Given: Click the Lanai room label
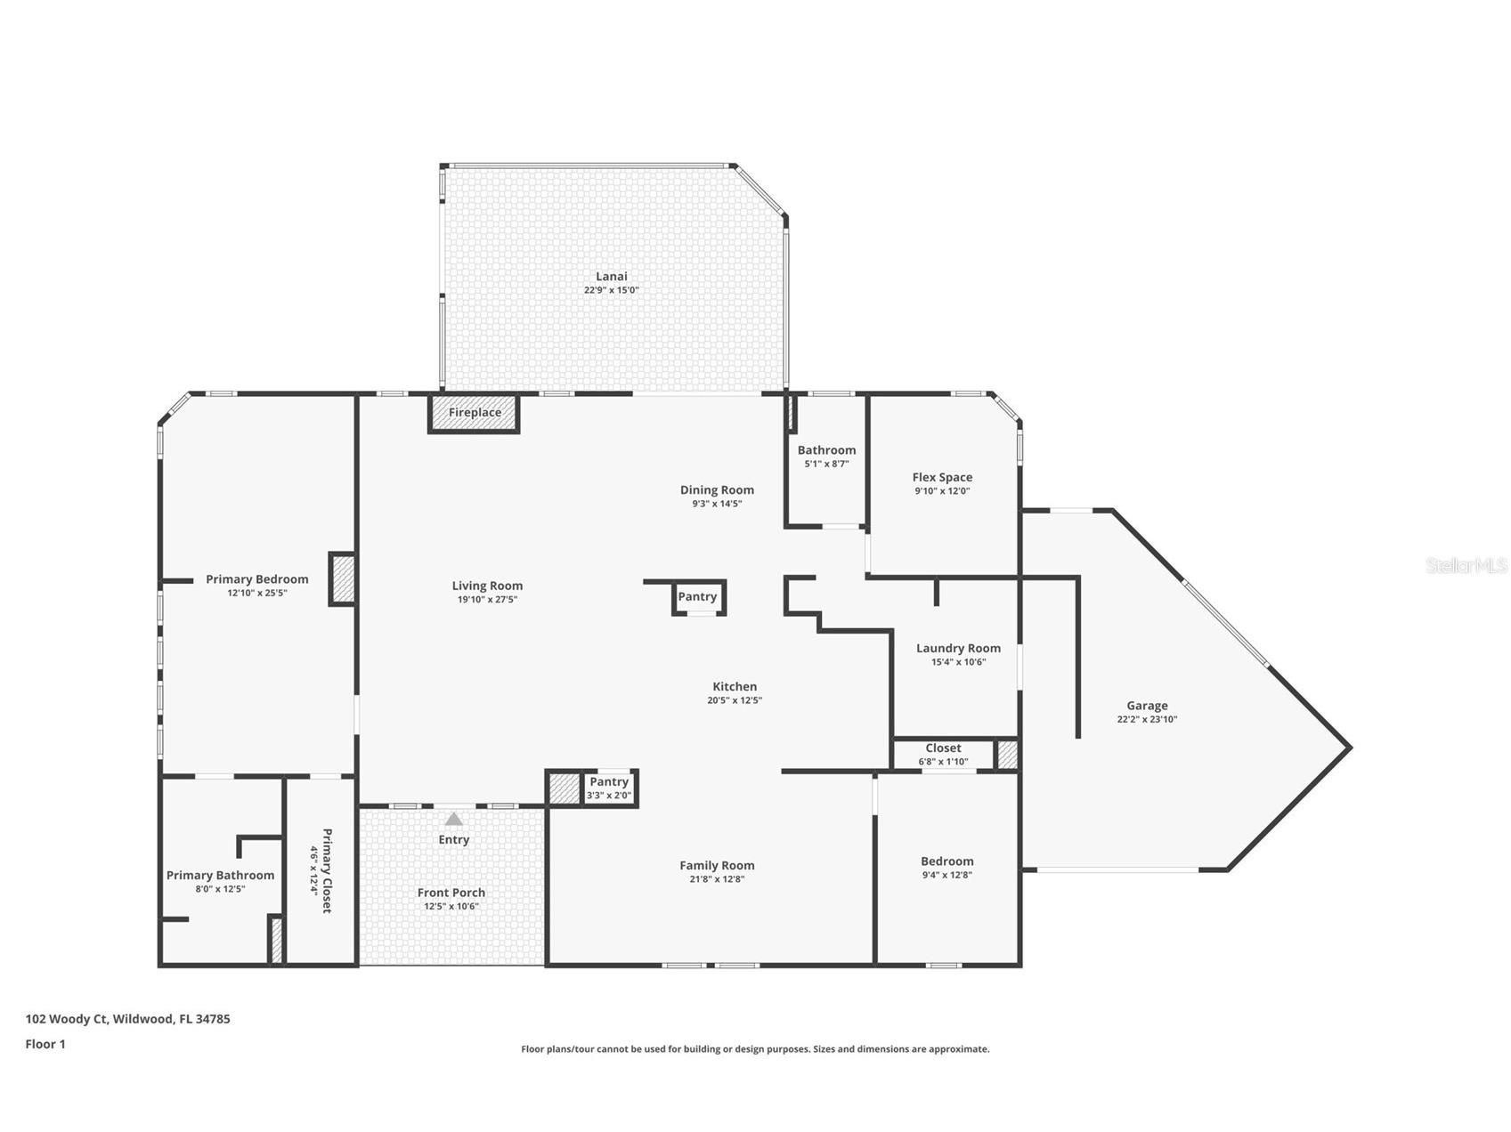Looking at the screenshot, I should pyautogui.click(x=611, y=277).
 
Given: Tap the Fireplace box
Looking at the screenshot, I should pyautogui.click(x=474, y=413).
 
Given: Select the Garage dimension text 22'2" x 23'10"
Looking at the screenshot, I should pyautogui.click(x=1147, y=719).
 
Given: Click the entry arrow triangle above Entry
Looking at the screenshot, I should pyautogui.click(x=454, y=819).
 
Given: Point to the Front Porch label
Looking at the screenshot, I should pyautogui.click(x=451, y=893).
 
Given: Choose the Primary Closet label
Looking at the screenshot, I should pyautogui.click(x=326, y=870).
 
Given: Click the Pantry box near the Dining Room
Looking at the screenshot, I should pyautogui.click(x=697, y=597).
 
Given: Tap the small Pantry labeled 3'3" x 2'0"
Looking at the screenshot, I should pyautogui.click(x=609, y=788).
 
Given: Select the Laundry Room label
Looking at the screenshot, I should pyautogui.click(x=958, y=648).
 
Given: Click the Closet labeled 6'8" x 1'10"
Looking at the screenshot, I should pyautogui.click(x=943, y=754).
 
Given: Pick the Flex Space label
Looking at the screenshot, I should pyautogui.click(x=942, y=477).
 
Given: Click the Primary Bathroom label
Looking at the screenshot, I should pyautogui.click(x=220, y=876).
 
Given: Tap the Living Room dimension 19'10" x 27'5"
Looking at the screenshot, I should pyautogui.click(x=487, y=600).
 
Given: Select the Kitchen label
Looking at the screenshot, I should pyautogui.click(x=735, y=686).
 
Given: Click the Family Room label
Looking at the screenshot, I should pyautogui.click(x=717, y=865).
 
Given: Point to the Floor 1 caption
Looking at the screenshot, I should pyautogui.click(x=45, y=1044).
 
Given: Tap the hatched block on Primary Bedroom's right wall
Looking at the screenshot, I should pyautogui.click(x=343, y=579).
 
